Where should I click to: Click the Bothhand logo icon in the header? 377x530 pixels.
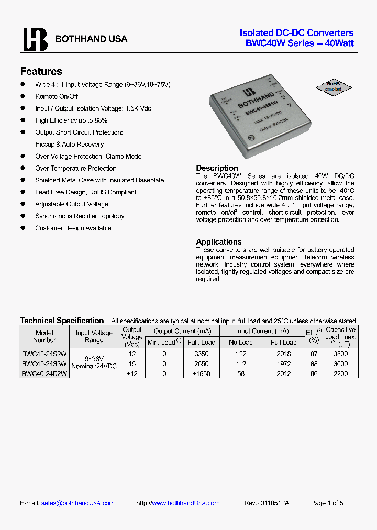pyautogui.click(x=35, y=39)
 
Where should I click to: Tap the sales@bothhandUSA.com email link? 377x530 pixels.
pyautogui.click(x=78, y=503)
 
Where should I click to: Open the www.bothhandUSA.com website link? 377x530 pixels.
pyautogui.click(x=186, y=503)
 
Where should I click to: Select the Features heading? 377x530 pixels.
pyautogui.click(x=41, y=72)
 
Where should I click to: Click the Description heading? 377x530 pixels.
pyautogui.click(x=217, y=168)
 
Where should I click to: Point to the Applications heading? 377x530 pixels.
pyautogui.click(x=219, y=242)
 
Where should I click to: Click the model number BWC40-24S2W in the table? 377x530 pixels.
pyautogui.click(x=45, y=354)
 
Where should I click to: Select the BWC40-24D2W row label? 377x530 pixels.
pyautogui.click(x=45, y=373)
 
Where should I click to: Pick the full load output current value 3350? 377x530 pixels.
pyautogui.click(x=201, y=354)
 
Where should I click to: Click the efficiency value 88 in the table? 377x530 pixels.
pyautogui.click(x=314, y=364)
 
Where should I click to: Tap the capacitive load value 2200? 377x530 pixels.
pyautogui.click(x=340, y=374)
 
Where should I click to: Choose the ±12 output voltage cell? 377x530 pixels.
pyautogui.click(x=131, y=374)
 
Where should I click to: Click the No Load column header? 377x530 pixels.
pyautogui.click(x=241, y=343)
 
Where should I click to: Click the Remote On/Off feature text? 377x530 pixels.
pyautogui.click(x=57, y=96)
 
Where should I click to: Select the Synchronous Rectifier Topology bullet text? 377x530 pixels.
pyautogui.click(x=80, y=216)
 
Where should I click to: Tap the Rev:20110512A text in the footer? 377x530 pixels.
pyautogui.click(x=267, y=503)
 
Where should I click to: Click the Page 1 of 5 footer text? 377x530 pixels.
pyautogui.click(x=327, y=503)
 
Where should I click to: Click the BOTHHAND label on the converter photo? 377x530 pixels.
pyautogui.click(x=255, y=101)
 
